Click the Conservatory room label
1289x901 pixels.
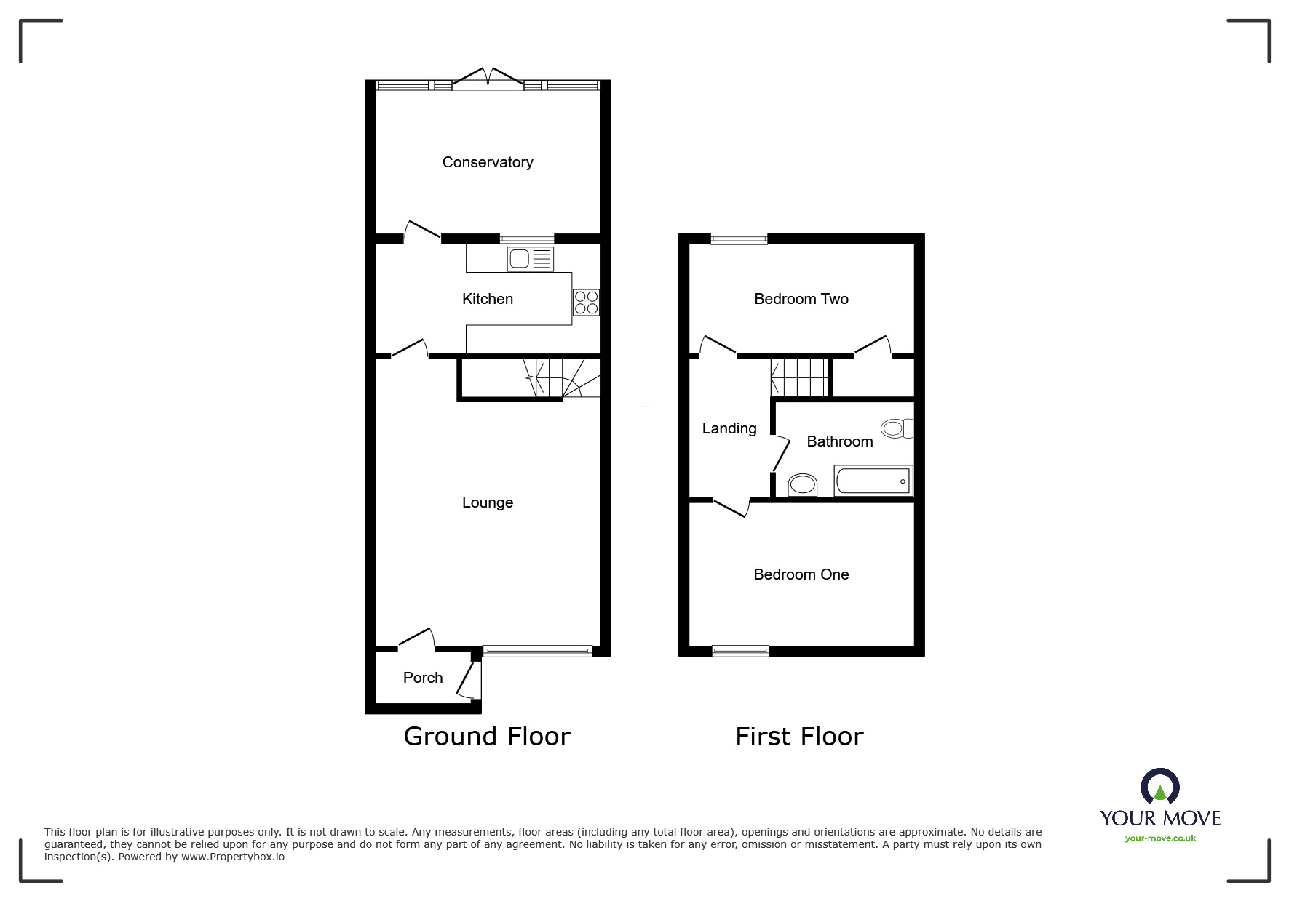coord(488,162)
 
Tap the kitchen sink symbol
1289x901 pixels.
coord(531,258)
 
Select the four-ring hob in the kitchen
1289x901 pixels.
coord(587,302)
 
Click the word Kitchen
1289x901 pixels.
coord(488,299)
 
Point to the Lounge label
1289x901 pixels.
coord(488,502)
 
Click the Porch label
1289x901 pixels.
coord(423,678)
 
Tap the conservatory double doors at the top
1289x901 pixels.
coord(488,76)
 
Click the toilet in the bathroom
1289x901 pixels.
coord(897,428)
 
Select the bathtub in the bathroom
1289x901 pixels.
coord(873,481)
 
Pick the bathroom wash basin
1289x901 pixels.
coord(803,484)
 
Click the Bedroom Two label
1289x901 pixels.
coord(801,299)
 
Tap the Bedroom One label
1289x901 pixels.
coord(801,574)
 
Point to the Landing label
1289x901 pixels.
coord(729,428)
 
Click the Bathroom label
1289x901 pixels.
coord(840,441)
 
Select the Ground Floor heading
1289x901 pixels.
coord(487,737)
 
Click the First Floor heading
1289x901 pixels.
coord(799,737)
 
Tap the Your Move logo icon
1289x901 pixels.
coord(1159,787)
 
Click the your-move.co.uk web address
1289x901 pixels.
coord(1160,838)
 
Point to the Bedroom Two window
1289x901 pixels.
coord(739,239)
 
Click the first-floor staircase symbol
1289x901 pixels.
coord(800,377)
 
